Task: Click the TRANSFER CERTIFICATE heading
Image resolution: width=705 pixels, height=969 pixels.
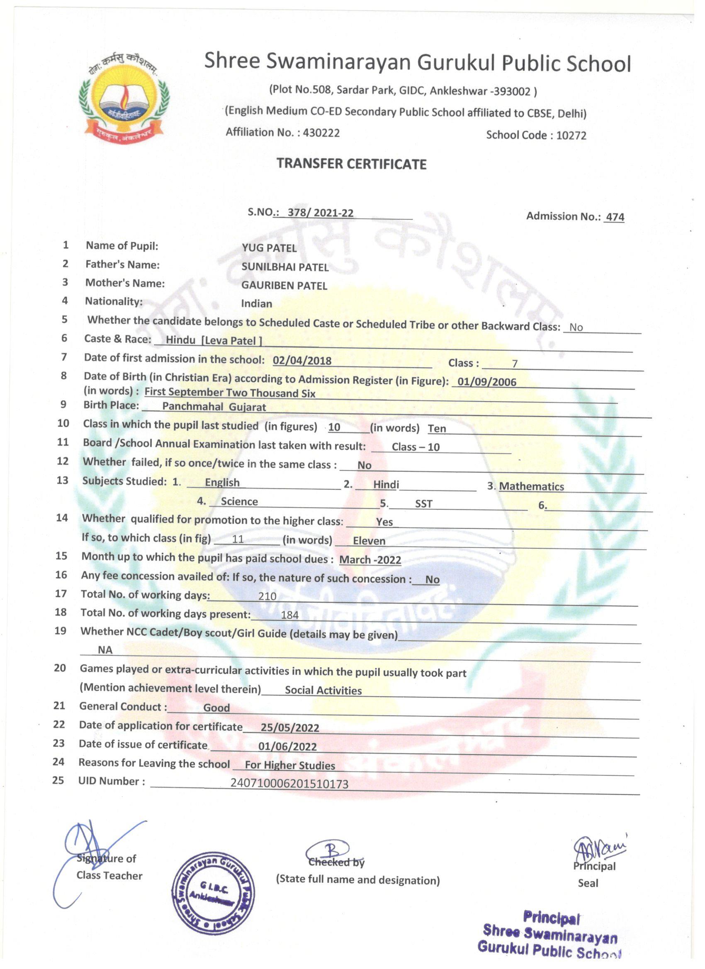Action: [x=351, y=164]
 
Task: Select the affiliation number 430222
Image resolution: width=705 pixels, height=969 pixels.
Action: [x=321, y=133]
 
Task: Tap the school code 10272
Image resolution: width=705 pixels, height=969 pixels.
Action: [x=571, y=136]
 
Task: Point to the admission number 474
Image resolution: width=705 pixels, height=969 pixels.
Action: [x=615, y=217]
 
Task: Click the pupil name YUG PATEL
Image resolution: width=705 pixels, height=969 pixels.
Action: [x=269, y=248]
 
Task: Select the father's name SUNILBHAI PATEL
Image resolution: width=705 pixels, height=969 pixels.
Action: [x=285, y=267]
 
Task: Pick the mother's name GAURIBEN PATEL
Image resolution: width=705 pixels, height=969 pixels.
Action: [x=284, y=286]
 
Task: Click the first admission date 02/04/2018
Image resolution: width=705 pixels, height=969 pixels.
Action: [x=302, y=361]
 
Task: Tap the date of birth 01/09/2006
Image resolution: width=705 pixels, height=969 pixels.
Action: [x=486, y=382]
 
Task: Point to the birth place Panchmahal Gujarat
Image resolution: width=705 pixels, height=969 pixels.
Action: [x=214, y=406]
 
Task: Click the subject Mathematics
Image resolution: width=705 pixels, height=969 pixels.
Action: [x=531, y=486]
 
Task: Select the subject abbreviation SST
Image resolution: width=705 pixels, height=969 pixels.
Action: [x=423, y=504]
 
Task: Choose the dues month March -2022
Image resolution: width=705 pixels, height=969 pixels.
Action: [x=370, y=560]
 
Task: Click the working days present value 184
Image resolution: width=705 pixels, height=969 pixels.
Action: [x=289, y=615]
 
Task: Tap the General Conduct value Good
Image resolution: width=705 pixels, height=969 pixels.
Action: [x=216, y=708]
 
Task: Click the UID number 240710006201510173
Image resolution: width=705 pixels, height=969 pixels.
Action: [x=289, y=784]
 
